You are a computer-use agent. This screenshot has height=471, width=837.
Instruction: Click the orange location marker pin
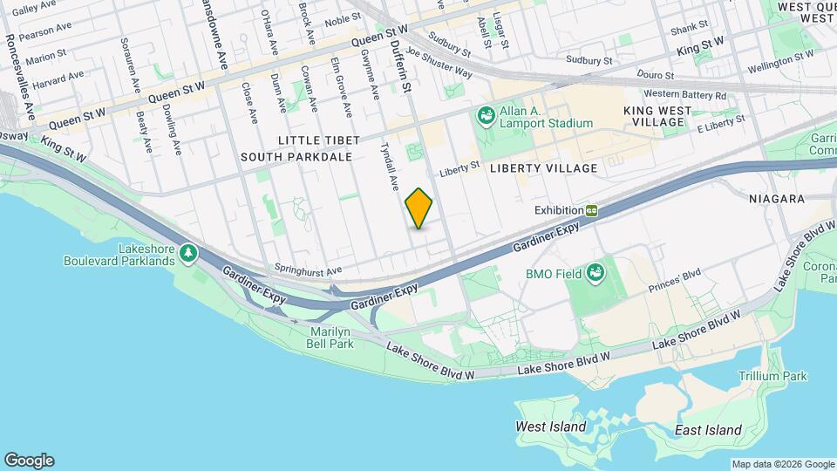pyautogui.click(x=419, y=208)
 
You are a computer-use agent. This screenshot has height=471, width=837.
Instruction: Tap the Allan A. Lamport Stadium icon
pyautogui.click(x=485, y=114)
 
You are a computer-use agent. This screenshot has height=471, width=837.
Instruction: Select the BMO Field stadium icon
pyautogui.click(x=595, y=273)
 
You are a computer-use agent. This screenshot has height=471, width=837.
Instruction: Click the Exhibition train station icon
pyautogui.click(x=592, y=210)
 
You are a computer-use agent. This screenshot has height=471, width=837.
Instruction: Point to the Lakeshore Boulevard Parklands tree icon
pyautogui.click(x=188, y=253)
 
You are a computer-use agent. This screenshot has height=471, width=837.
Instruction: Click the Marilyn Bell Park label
pyautogui.click(x=332, y=338)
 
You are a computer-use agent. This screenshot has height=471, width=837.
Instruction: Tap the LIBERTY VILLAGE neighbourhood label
pyautogui.click(x=543, y=167)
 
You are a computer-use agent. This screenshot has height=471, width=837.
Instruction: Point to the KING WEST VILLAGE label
pyautogui.click(x=657, y=116)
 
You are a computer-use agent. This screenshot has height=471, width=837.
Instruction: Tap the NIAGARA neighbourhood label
pyautogui.click(x=776, y=199)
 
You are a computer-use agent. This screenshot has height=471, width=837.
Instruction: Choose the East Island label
pyautogui.click(x=708, y=430)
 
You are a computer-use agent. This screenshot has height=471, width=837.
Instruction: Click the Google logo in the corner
pyautogui.click(x=29, y=461)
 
